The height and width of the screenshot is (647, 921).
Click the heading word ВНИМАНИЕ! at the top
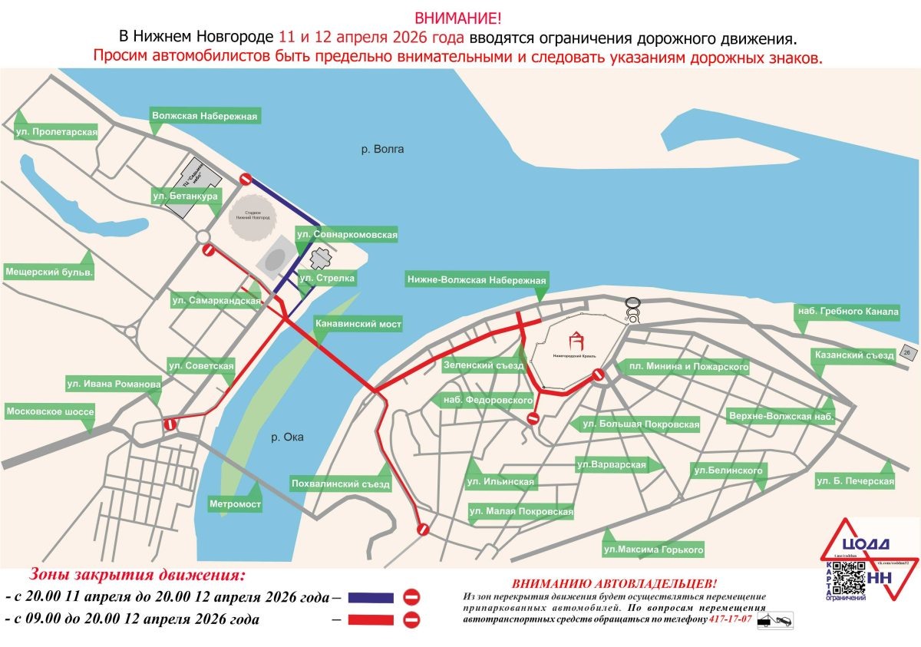tap(460, 17)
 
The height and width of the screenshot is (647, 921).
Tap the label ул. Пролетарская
tap(57, 132)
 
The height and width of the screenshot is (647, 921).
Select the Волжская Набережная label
tap(204, 117)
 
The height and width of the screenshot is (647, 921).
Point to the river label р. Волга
tap(382, 149)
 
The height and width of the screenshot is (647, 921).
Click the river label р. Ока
tap(288, 437)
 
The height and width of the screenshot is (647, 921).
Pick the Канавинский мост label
tap(358, 324)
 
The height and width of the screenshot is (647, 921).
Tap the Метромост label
tap(235, 504)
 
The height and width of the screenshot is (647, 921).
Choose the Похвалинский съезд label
tap(341, 484)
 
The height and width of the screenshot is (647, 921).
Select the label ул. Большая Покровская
tap(641, 424)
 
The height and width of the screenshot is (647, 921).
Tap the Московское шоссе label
tap(50, 412)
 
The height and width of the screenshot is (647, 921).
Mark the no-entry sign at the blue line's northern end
tap(246, 179)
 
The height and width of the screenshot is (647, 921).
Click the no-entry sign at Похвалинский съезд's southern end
tap(422, 529)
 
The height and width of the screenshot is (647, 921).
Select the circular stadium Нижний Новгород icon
tap(256, 215)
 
